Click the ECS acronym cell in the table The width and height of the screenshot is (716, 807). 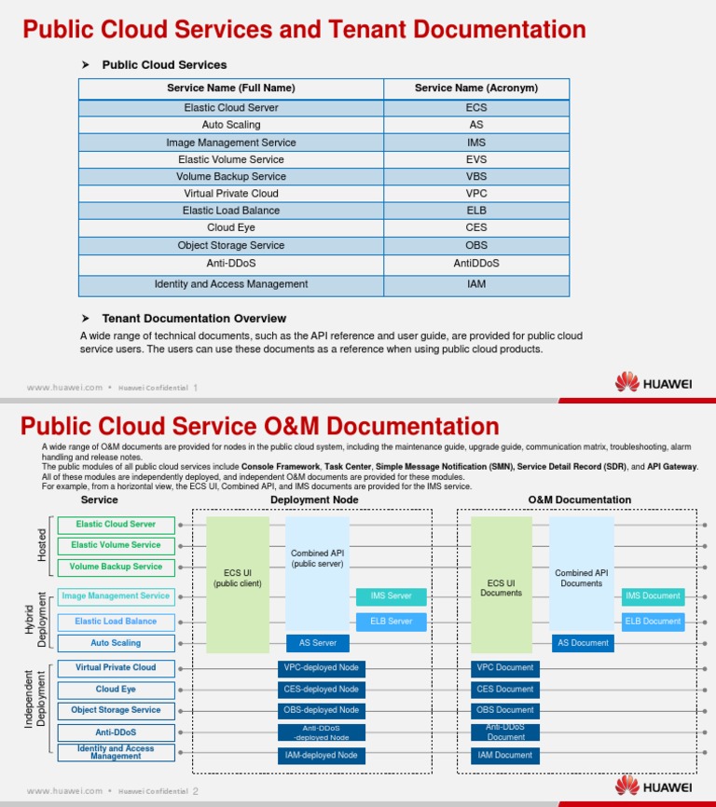(476, 107)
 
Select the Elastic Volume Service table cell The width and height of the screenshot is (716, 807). (231, 159)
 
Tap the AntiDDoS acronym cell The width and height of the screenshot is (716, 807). (476, 263)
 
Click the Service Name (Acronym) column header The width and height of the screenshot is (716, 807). (476, 89)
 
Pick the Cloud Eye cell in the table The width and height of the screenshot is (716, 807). (231, 227)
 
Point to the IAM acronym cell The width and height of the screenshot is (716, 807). (476, 284)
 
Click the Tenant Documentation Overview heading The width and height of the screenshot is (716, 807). (194, 319)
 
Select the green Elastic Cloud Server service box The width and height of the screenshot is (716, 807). (116, 525)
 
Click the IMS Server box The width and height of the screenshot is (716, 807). (391, 596)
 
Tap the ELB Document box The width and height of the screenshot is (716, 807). (653, 622)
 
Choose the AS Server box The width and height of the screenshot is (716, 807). (318, 643)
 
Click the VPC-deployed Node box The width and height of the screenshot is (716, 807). (321, 668)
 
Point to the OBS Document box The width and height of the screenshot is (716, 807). (504, 710)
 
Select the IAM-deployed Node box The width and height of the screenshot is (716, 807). (321, 756)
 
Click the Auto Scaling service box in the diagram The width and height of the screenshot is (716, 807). (116, 643)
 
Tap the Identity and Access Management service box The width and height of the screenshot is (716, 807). (116, 752)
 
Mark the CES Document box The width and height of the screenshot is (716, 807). (504, 690)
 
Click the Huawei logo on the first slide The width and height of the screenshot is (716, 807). (653, 383)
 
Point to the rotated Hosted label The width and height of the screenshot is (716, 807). (42, 545)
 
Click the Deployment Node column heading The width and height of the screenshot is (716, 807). (313, 500)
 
